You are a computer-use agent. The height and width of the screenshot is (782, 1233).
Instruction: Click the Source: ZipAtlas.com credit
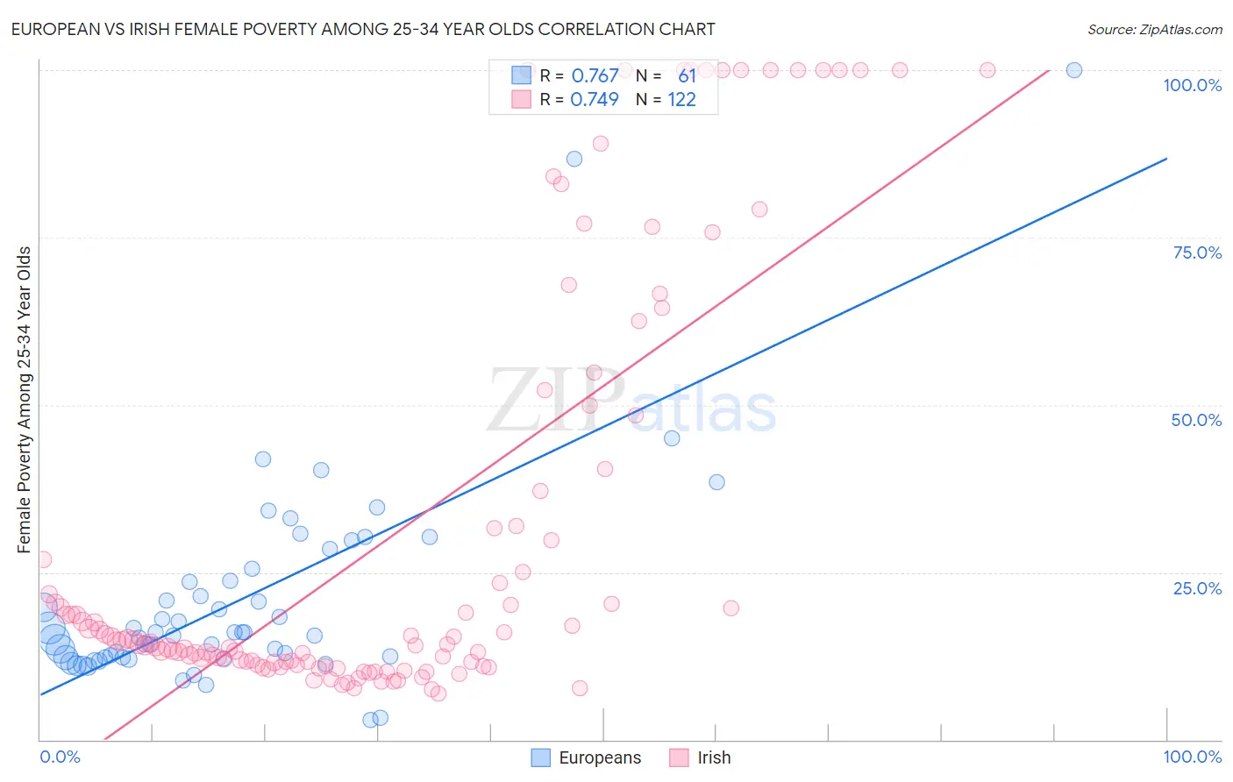(1154, 29)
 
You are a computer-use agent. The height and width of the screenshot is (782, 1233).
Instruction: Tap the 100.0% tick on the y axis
(1192, 85)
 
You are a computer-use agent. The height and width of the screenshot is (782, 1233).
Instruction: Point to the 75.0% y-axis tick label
(1197, 252)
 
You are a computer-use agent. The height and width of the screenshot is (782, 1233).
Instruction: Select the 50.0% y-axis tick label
(1196, 420)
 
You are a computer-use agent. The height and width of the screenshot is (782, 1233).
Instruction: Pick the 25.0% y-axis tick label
(1197, 588)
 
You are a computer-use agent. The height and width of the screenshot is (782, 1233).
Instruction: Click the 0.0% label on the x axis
(60, 757)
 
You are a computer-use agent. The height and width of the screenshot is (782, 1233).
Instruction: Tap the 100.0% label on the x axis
(1192, 757)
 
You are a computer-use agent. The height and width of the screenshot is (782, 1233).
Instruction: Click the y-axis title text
(25, 400)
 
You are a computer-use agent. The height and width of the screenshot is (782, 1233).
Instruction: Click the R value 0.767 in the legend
(595, 76)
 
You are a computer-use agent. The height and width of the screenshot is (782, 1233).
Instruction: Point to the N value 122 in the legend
(681, 100)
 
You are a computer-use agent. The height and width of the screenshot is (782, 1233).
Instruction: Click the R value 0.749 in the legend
(595, 100)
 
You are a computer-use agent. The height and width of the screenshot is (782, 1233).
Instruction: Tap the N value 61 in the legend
(687, 76)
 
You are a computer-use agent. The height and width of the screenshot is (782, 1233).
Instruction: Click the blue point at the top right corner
(1073, 70)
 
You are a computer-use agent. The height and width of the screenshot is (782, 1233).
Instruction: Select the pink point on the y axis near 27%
(43, 559)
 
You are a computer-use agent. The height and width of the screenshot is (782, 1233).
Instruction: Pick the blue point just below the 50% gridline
(672, 438)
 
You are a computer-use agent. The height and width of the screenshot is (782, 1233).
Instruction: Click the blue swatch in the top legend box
(522, 75)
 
